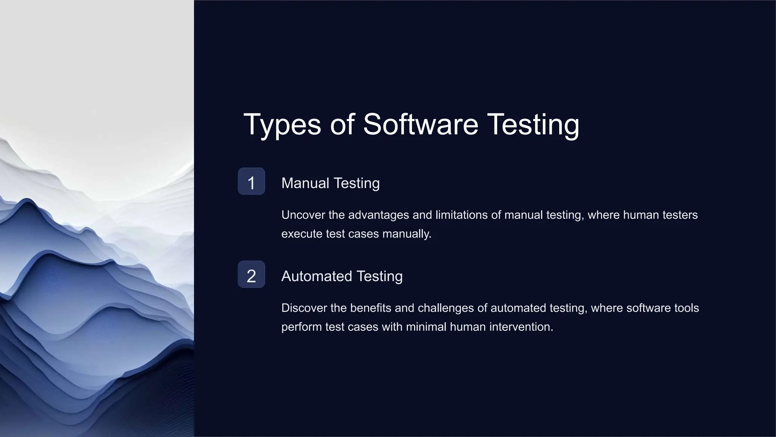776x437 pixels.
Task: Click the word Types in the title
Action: [282, 124]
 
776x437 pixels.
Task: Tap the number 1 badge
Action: [251, 182]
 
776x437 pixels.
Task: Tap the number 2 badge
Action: [251, 275]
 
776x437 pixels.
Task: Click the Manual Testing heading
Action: [330, 183]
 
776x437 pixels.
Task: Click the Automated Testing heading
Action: [342, 276]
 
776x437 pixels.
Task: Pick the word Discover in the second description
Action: [304, 308]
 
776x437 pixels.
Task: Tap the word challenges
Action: [445, 308]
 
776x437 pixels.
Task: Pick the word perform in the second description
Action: [301, 327]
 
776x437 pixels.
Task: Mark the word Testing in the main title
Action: [533, 124]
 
